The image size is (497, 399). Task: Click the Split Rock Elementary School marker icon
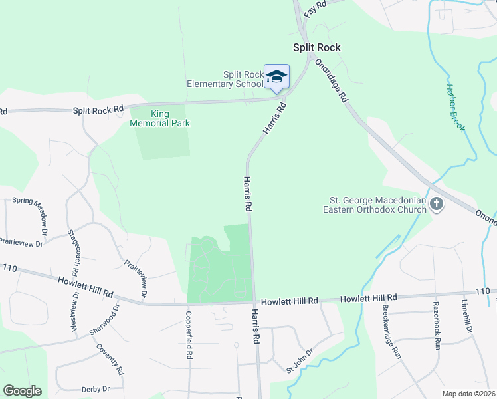(x=276, y=78)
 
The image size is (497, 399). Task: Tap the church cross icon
(x=437, y=204)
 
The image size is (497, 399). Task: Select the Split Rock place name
(x=318, y=47)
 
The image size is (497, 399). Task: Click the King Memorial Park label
(x=160, y=118)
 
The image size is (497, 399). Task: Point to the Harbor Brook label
(x=455, y=107)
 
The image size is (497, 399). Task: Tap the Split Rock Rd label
(x=99, y=108)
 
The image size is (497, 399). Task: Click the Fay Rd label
(x=316, y=9)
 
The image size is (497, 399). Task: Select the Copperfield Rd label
(x=189, y=336)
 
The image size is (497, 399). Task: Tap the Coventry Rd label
(x=110, y=356)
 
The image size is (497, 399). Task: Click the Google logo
(x=23, y=391)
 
